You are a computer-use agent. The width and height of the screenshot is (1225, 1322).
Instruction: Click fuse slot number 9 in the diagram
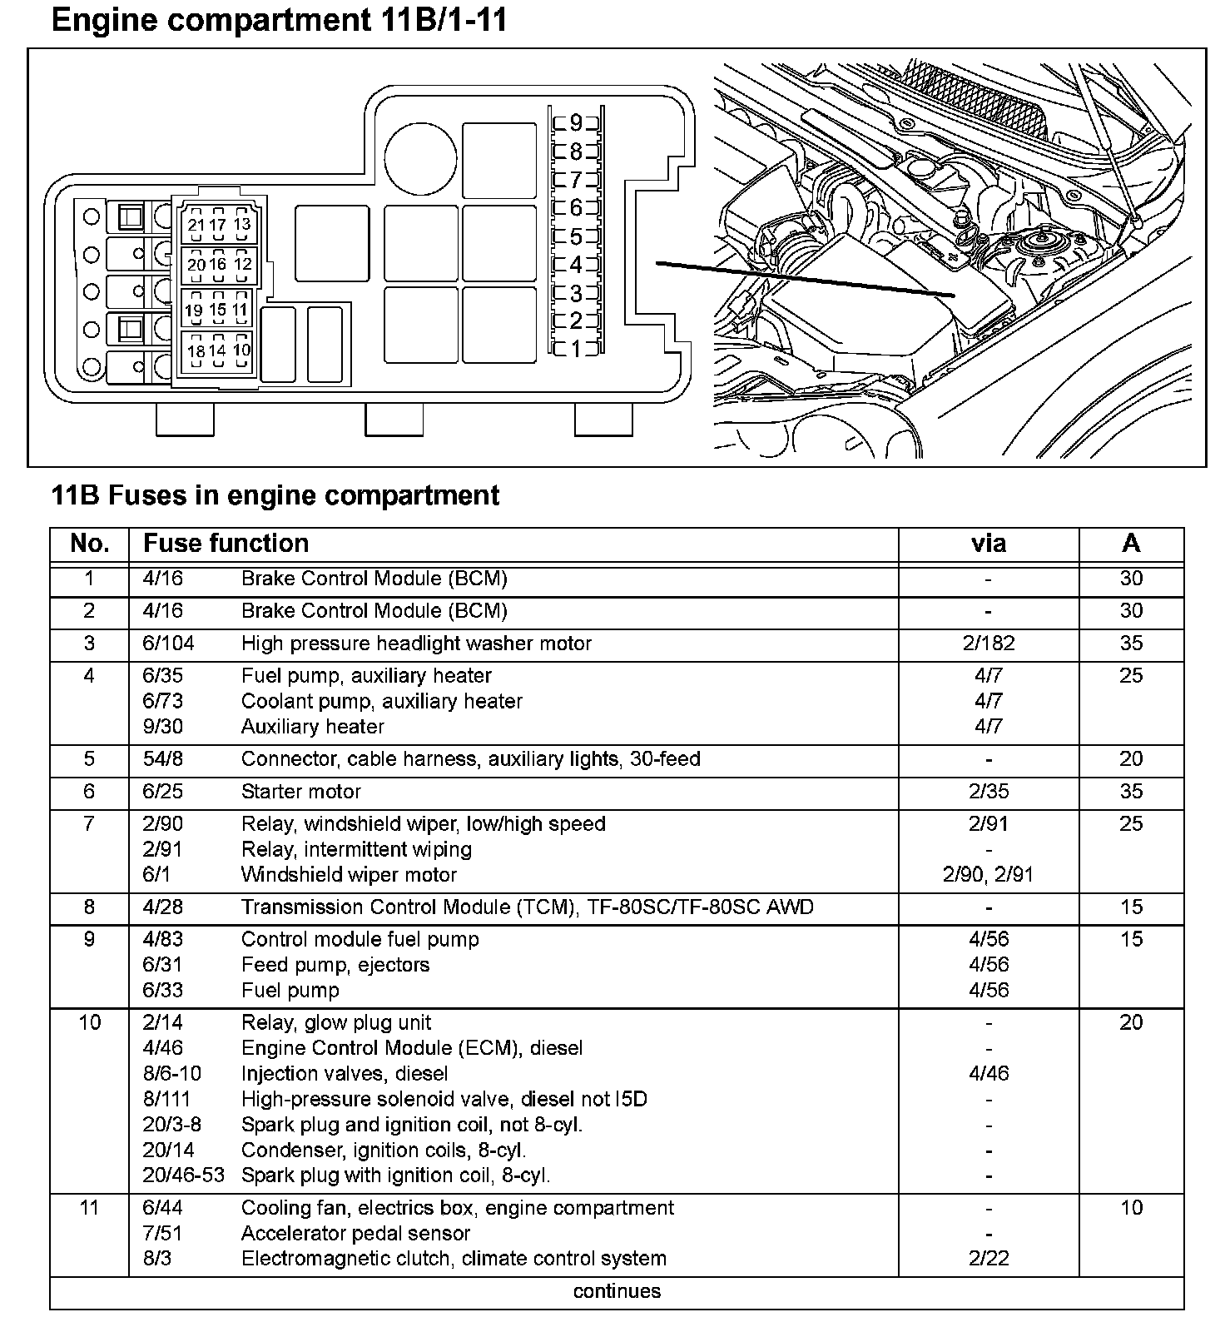[576, 124]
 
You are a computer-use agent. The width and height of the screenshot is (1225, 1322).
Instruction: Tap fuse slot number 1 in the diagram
[576, 349]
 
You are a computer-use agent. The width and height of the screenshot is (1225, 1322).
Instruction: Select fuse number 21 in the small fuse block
[196, 225]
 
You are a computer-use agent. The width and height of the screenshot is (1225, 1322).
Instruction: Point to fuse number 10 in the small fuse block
[241, 350]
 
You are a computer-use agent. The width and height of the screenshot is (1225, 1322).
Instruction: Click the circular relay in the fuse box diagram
[420, 157]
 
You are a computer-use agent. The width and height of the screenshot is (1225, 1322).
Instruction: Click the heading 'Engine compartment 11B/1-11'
[279, 20]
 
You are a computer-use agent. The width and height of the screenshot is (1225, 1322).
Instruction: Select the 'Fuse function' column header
[226, 544]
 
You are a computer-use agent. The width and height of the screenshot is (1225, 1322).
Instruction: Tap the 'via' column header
[988, 544]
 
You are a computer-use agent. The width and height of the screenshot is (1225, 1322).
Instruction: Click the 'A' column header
[1131, 544]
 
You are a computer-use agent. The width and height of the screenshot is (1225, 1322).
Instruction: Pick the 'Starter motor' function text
[301, 792]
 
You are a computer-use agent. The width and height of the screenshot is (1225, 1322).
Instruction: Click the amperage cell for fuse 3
[1131, 644]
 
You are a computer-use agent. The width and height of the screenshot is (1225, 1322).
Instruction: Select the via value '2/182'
[988, 644]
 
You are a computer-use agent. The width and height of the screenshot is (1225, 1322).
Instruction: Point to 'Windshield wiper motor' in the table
[349, 875]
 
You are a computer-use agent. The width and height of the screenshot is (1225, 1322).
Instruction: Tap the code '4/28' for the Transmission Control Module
[162, 907]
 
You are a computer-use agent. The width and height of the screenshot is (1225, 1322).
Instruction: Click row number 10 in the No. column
[89, 1022]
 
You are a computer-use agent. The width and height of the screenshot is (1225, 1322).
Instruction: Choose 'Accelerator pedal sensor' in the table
[355, 1233]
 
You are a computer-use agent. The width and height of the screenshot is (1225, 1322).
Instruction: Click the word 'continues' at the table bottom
[617, 1291]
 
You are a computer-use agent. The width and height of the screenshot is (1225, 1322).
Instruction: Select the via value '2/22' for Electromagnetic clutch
[988, 1259]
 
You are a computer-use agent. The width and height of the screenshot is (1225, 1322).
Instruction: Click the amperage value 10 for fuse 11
[1131, 1208]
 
